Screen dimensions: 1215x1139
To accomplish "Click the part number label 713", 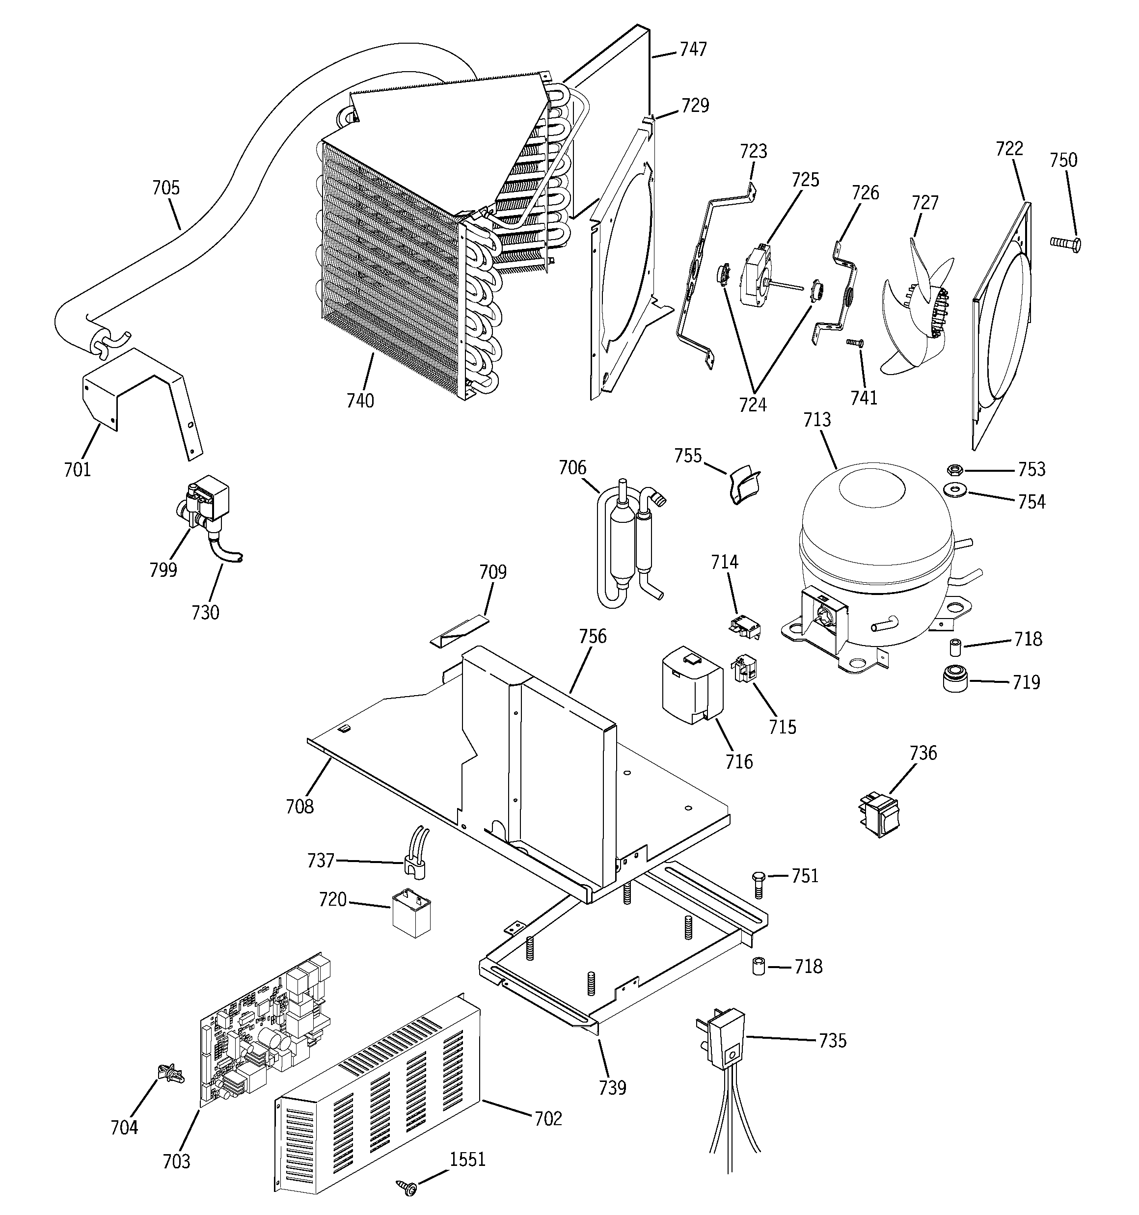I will [817, 420].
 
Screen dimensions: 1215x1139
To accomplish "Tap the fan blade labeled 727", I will [914, 305].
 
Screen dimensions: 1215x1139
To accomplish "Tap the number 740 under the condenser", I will [360, 401].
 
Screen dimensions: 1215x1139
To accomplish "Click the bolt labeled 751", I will [758, 883].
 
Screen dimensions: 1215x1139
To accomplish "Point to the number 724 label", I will [753, 405].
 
